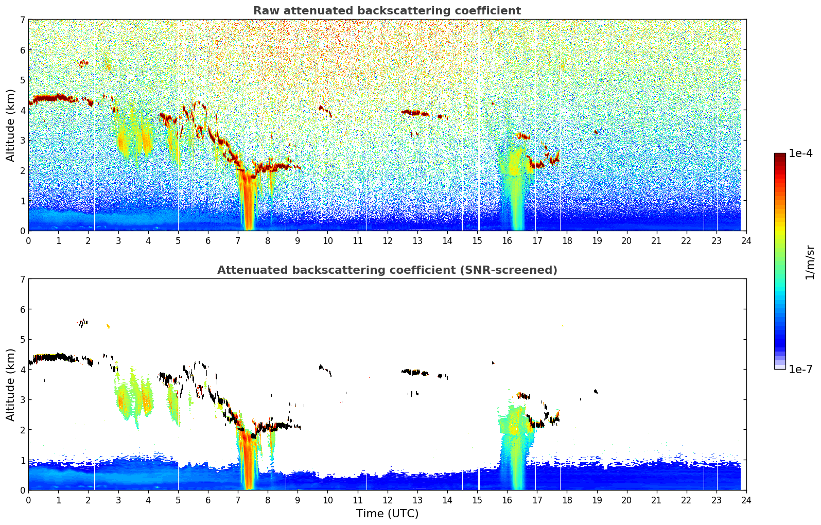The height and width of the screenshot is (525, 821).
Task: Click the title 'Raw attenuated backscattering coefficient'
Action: pyautogui.click(x=387, y=11)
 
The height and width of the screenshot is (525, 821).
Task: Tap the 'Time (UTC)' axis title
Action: pyautogui.click(x=387, y=513)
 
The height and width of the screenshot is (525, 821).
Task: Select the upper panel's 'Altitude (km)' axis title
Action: pyautogui.click(x=10, y=125)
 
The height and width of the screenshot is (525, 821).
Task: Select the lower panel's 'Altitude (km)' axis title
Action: pyautogui.click(x=10, y=384)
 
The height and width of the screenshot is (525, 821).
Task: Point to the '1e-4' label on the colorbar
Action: pyautogui.click(x=800, y=153)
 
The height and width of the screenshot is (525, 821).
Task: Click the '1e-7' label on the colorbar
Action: pyautogui.click(x=800, y=369)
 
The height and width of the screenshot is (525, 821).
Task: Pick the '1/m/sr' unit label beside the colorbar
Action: pyautogui.click(x=810, y=262)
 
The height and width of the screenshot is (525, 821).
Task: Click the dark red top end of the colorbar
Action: pyautogui.click(x=780, y=155)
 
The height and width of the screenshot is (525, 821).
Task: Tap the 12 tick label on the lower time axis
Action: pyautogui.click(x=387, y=500)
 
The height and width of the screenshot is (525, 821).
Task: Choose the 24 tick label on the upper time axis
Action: pyautogui.click(x=746, y=240)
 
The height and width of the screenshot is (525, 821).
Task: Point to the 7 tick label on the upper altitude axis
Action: pyautogui.click(x=23, y=20)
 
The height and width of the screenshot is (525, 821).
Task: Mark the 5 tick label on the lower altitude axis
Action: pyautogui.click(x=23, y=340)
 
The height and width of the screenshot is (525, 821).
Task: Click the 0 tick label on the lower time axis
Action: pyautogui.click(x=28, y=500)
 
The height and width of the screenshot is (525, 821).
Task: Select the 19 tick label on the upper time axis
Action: pyautogui.click(x=597, y=240)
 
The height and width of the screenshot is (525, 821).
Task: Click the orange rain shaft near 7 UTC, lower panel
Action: pyautogui.click(x=249, y=463)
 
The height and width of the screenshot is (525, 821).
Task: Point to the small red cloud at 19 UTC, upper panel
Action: pyautogui.click(x=596, y=132)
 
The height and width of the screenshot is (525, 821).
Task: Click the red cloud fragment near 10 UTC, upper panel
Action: pyautogui.click(x=324, y=109)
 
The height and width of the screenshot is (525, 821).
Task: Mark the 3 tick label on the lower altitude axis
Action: pyautogui.click(x=23, y=400)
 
